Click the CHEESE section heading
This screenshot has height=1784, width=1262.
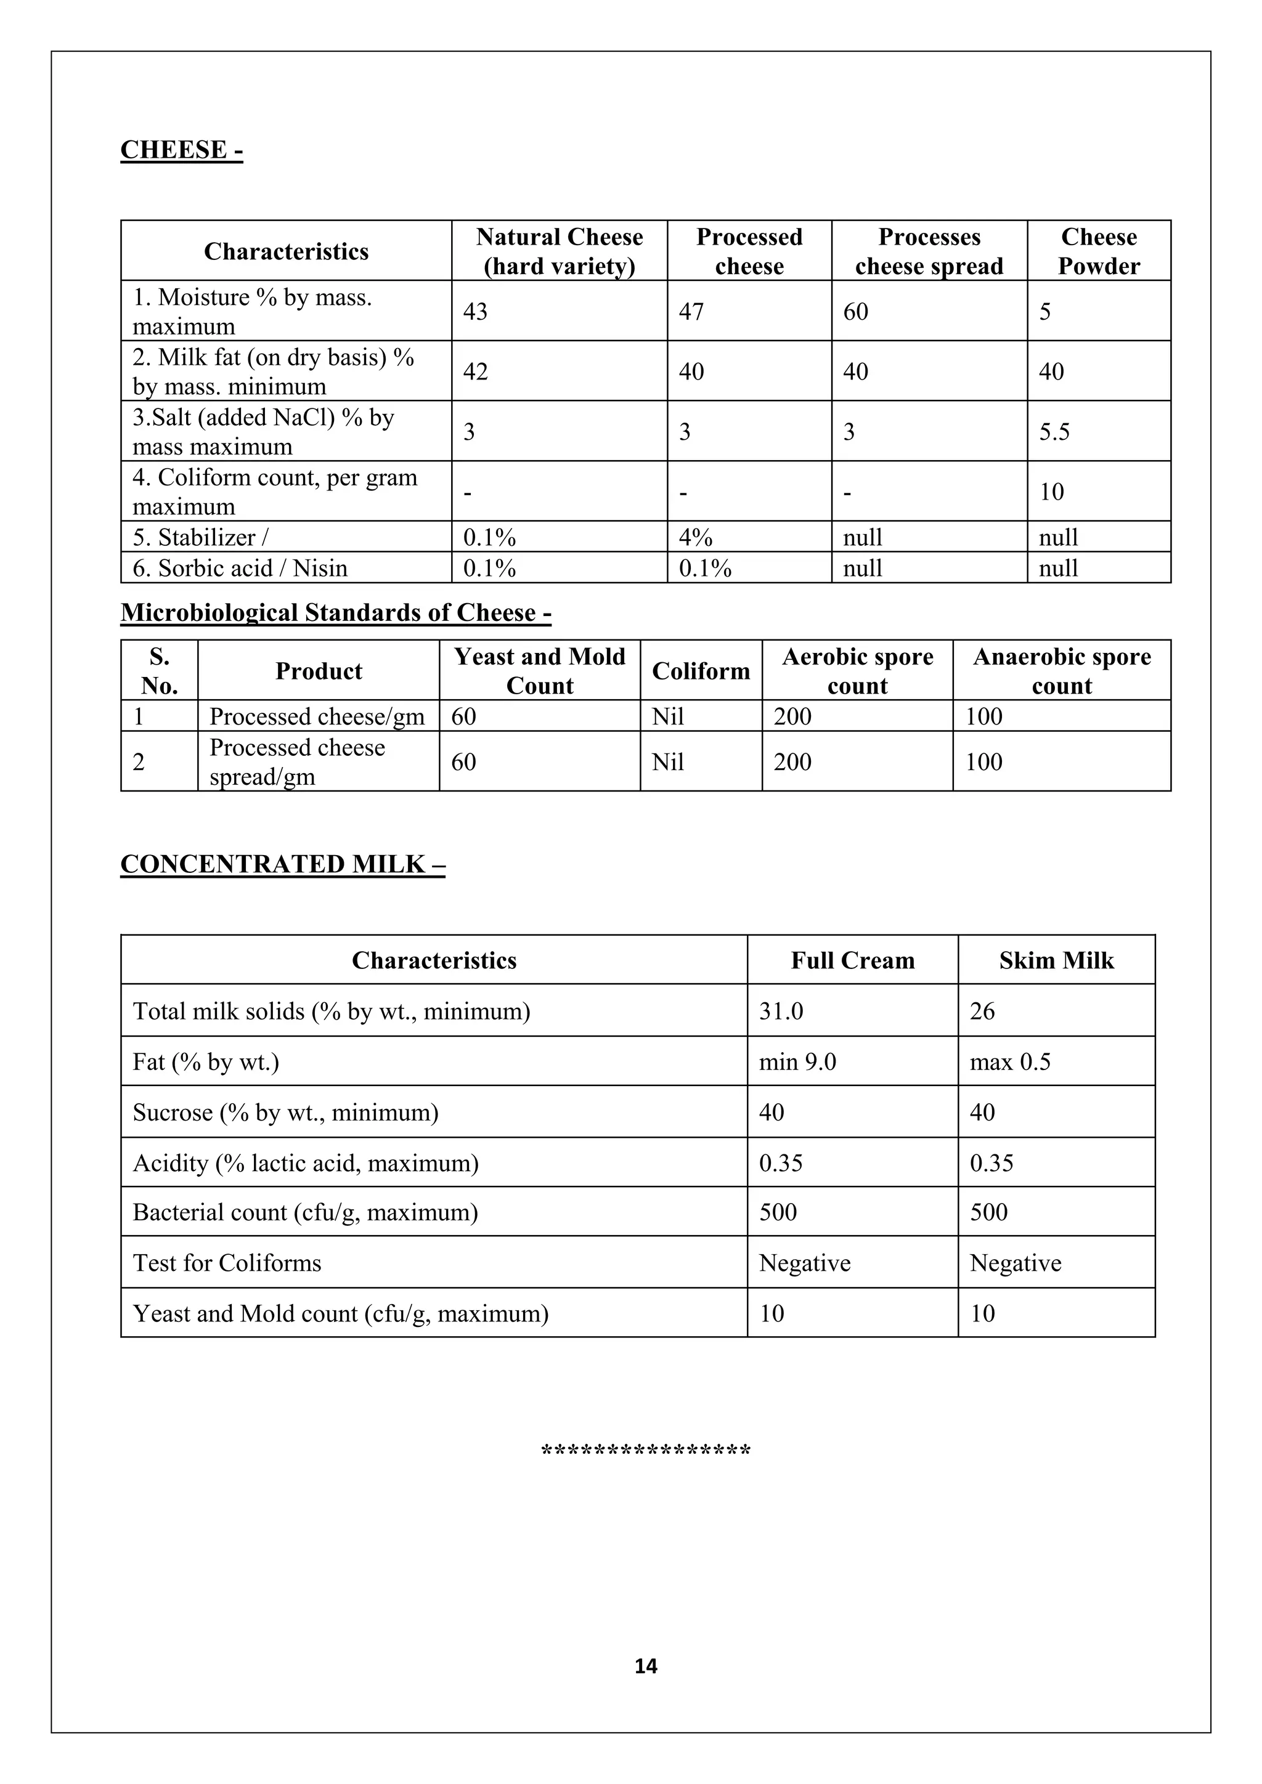click(x=181, y=149)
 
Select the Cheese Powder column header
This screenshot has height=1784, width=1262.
click(x=1098, y=251)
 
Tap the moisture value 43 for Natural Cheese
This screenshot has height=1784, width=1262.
click(x=475, y=312)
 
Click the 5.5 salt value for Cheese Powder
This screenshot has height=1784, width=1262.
click(x=1054, y=432)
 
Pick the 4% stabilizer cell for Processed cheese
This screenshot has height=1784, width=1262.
click(x=694, y=538)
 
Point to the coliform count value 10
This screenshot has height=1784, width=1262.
click(x=1051, y=492)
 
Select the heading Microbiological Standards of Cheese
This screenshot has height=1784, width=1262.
click(x=336, y=613)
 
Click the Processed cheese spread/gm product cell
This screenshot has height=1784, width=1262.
click(x=297, y=762)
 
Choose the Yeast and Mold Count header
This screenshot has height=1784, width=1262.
click(x=539, y=671)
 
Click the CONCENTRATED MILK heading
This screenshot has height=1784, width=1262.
click(x=282, y=865)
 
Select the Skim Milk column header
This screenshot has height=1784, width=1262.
click(x=1056, y=961)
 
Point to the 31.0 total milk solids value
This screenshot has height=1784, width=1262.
click(x=781, y=1012)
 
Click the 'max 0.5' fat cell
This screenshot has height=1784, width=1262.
click(x=1009, y=1062)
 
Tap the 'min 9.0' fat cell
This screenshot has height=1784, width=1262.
click(x=797, y=1062)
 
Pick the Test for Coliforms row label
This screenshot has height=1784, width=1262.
click(x=227, y=1263)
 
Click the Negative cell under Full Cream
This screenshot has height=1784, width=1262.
click(x=804, y=1263)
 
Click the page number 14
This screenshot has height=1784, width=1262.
click(x=645, y=1666)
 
